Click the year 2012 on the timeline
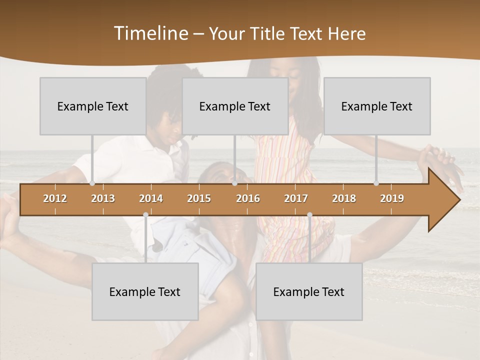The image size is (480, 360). pyautogui.click(x=55, y=198)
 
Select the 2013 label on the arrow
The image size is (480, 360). pyautogui.click(x=103, y=198)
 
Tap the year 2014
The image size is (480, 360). pyautogui.click(x=151, y=198)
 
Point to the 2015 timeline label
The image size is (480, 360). pyautogui.click(x=199, y=198)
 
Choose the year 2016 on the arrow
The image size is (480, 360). pyautogui.click(x=248, y=198)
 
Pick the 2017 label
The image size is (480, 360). pyautogui.click(x=296, y=198)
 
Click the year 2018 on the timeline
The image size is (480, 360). pyautogui.click(x=344, y=198)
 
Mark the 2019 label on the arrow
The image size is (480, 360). pyautogui.click(x=392, y=198)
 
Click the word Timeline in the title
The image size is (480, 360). pyautogui.click(x=150, y=33)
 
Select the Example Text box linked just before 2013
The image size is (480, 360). pyautogui.click(x=93, y=106)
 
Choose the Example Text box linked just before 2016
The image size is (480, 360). pyautogui.click(x=235, y=106)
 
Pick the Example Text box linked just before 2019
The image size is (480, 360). pyautogui.click(x=377, y=106)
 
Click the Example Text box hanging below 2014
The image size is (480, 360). pyautogui.click(x=145, y=291)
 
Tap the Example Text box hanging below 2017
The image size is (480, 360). pyautogui.click(x=309, y=291)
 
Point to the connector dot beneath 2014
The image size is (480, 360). pyautogui.click(x=145, y=214)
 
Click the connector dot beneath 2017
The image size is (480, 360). pyautogui.click(x=309, y=214)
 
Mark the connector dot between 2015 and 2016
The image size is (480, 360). pyautogui.click(x=235, y=183)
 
